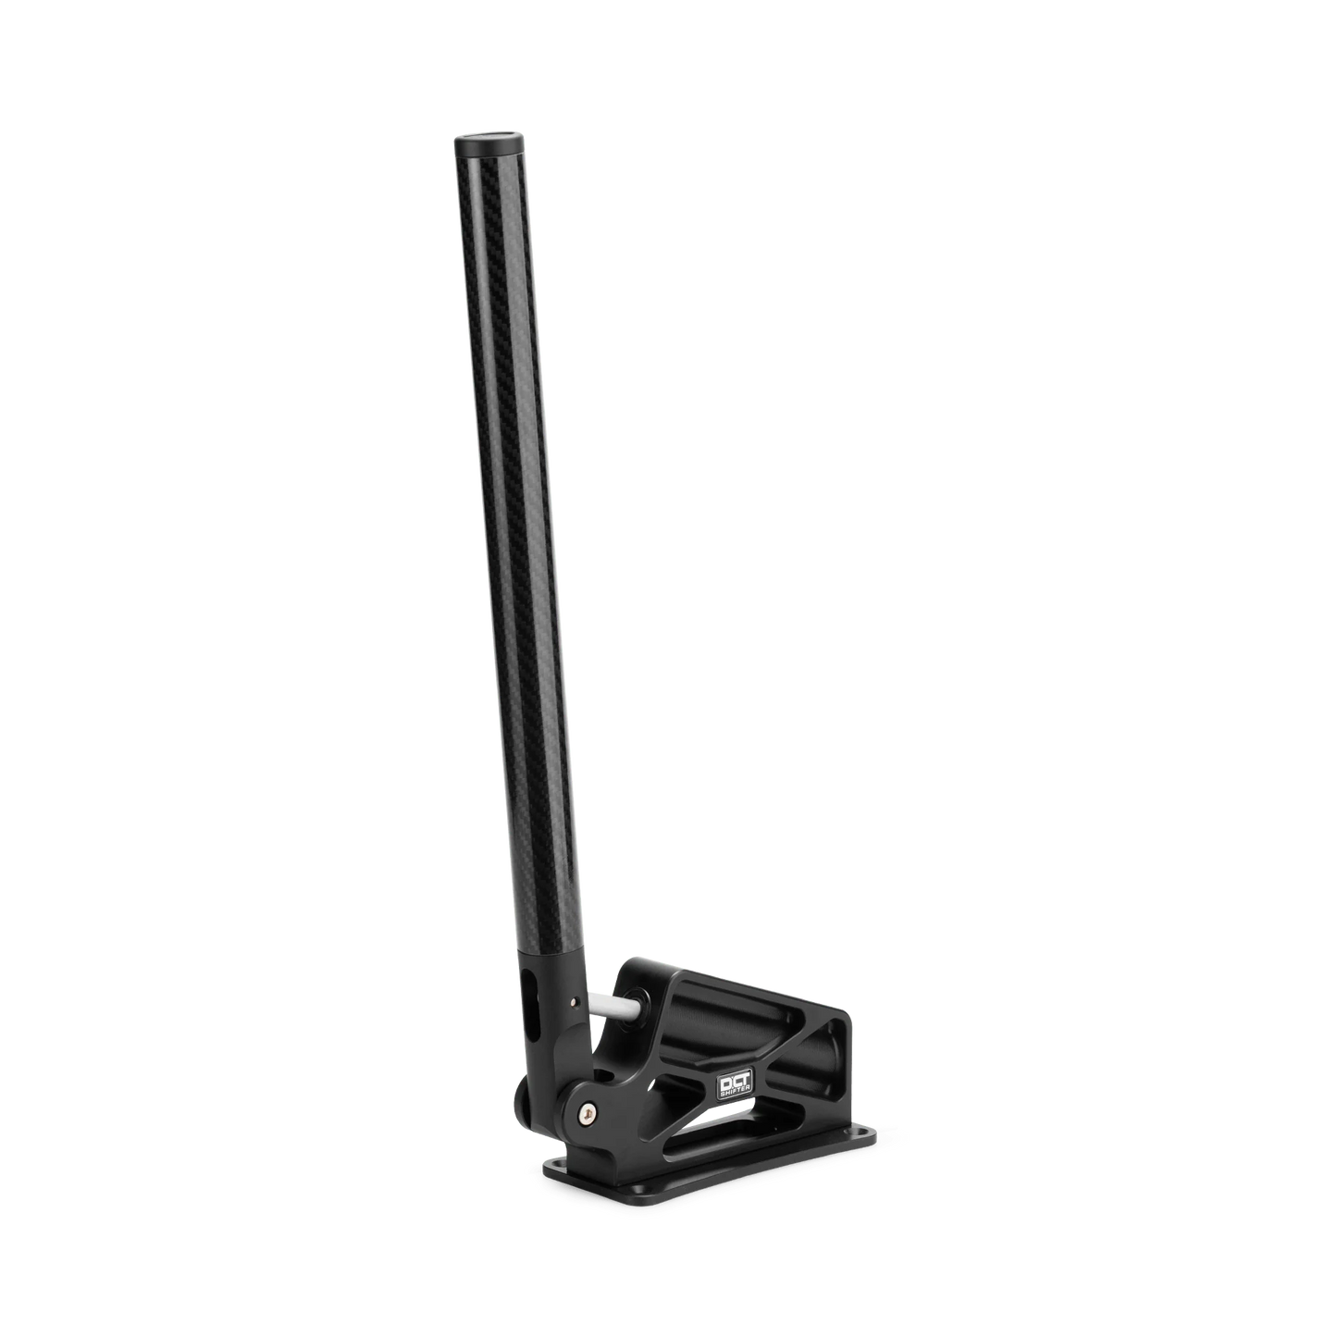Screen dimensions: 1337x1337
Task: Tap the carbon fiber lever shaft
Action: tap(514, 555)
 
